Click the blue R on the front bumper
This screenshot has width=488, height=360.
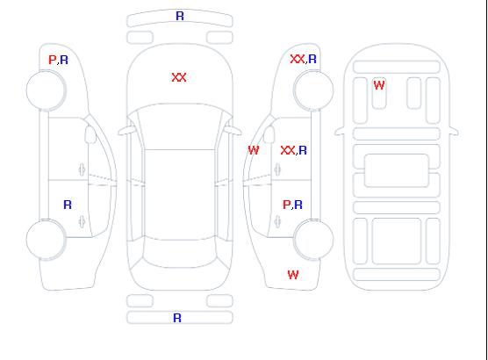click(180, 16)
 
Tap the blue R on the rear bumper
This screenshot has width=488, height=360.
click(177, 318)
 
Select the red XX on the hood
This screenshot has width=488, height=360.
click(179, 77)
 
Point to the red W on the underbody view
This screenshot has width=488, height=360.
click(379, 85)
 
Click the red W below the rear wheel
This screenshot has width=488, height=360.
click(293, 275)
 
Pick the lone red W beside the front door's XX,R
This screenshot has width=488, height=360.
click(254, 150)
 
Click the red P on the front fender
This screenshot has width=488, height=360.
click(52, 60)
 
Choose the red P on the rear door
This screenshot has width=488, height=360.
click(286, 205)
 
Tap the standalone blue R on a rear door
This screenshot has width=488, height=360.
click(68, 205)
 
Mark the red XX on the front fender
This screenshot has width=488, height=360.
click(298, 59)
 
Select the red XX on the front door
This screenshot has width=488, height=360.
click(288, 150)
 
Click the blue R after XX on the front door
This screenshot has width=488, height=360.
click(303, 150)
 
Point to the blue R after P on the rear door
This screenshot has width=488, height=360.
click(298, 205)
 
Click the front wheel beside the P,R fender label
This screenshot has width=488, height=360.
click(46, 90)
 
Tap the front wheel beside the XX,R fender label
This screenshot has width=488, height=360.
click(313, 90)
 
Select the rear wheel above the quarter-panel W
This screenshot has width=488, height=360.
click(313, 239)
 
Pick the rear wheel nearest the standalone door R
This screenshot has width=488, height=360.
click(46, 239)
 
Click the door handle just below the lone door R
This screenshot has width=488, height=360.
click(82, 222)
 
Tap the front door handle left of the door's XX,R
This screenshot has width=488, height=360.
click(277, 169)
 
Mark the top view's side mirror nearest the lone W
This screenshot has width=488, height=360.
click(233, 130)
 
